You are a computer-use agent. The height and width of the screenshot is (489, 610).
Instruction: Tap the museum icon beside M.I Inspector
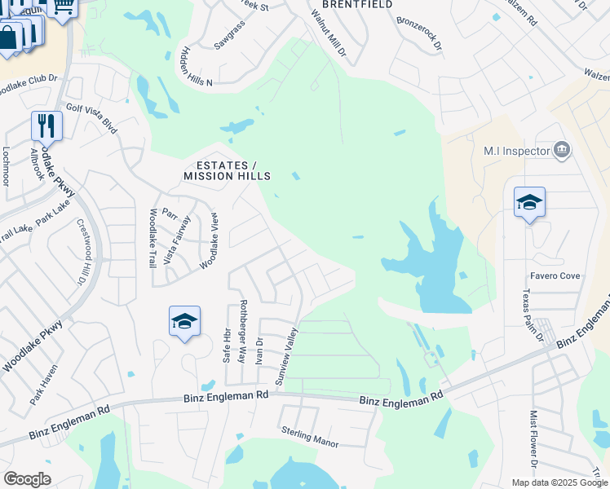561,150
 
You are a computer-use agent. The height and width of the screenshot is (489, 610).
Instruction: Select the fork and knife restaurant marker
46,126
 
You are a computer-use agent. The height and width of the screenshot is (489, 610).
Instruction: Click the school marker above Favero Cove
529,203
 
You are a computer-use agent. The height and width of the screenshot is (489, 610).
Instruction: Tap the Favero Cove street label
555,276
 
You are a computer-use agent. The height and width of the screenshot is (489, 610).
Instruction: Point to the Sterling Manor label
309,436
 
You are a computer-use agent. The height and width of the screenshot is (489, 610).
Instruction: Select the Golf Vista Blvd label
91,115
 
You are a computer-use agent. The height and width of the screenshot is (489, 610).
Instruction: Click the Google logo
27,479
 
